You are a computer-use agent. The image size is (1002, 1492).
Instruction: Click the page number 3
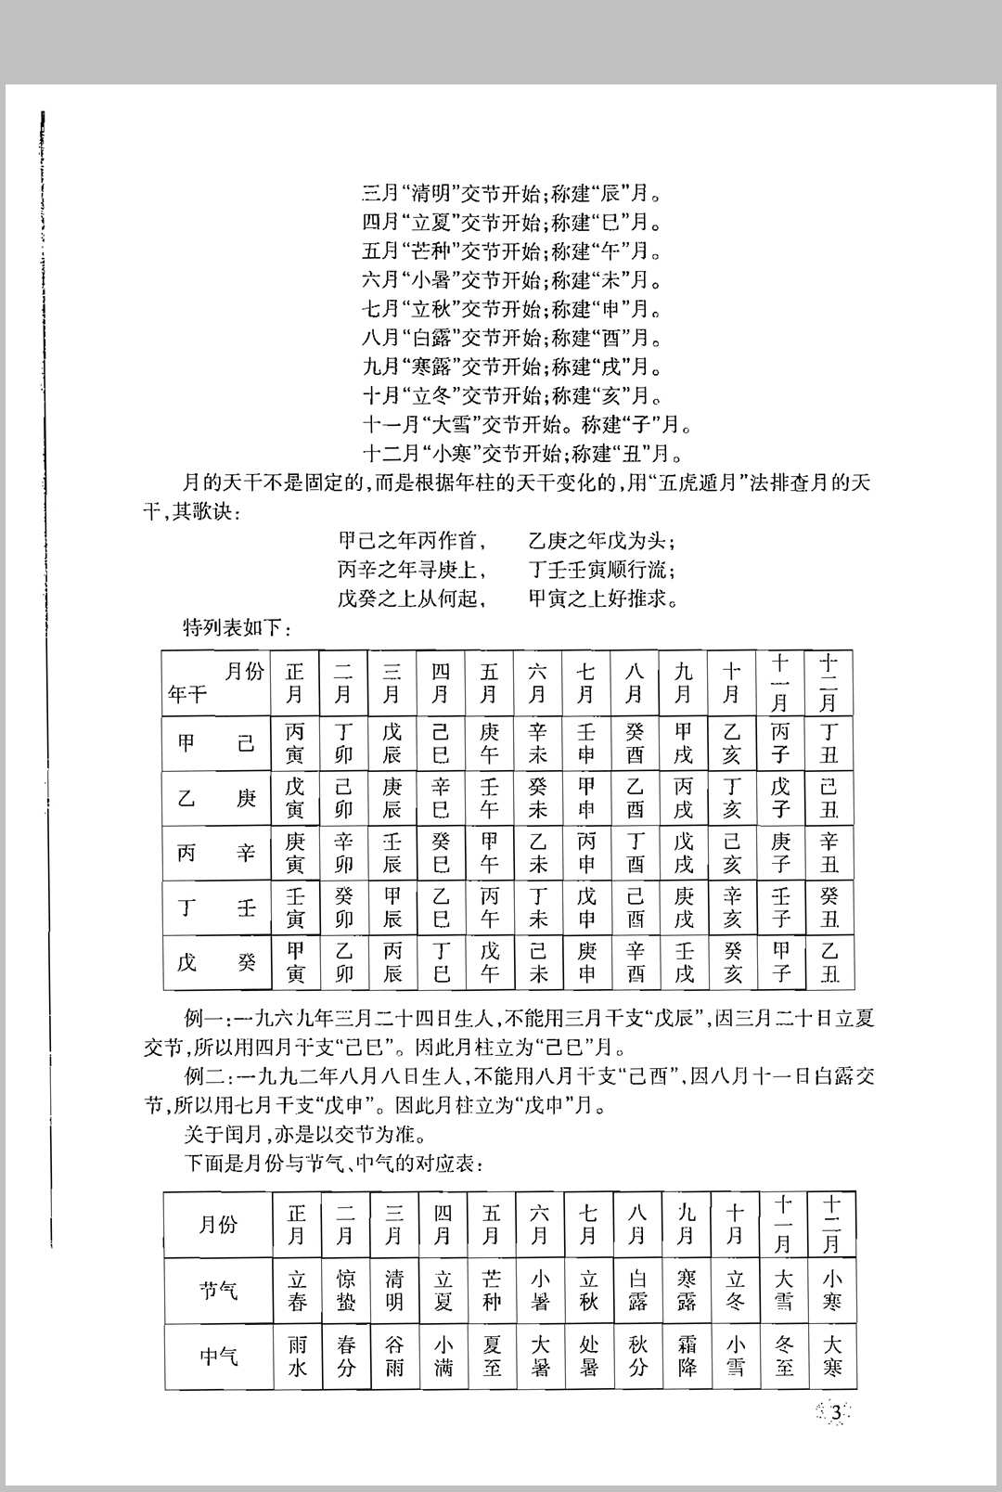pos(837,1413)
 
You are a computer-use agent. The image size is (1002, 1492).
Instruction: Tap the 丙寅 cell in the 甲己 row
pos(295,743)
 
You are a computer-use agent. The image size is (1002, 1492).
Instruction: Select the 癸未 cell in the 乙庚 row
pos(538,798)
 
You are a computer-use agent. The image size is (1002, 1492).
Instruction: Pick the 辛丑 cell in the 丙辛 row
pos(829,853)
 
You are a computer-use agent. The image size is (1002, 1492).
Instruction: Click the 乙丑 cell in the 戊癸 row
pos(829,962)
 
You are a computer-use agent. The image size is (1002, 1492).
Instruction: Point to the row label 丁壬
pos(216,907)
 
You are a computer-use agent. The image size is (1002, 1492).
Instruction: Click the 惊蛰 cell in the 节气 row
pos(346,1291)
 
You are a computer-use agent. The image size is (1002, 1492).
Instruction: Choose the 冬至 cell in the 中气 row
pos(784,1357)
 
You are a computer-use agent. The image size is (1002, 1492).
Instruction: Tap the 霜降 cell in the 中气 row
pos(687,1357)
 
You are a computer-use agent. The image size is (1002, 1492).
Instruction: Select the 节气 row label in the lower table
pos(218,1291)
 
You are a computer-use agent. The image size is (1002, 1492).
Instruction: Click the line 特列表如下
pos(238,628)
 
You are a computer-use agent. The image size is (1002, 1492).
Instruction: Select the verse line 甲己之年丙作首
pos(412,541)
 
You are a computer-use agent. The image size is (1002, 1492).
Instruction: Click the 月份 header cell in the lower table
pos(218,1225)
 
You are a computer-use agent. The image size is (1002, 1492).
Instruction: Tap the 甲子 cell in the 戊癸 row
pos(781,962)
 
